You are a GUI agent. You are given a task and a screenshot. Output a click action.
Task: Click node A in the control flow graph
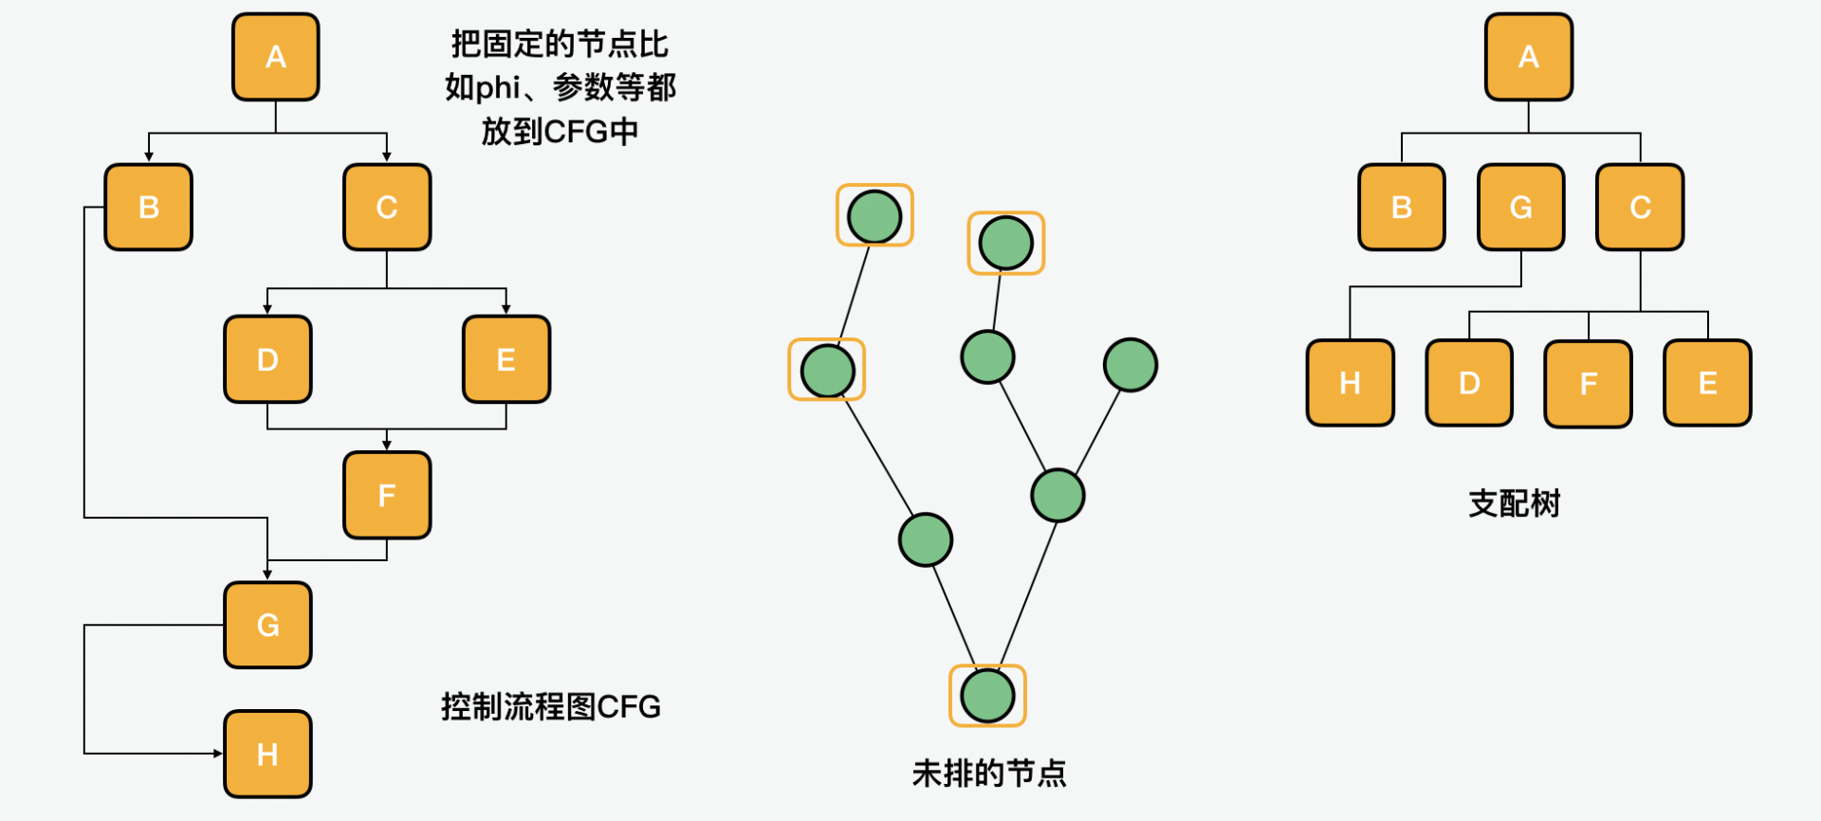tap(275, 57)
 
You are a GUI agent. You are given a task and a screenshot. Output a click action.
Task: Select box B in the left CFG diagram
tap(149, 208)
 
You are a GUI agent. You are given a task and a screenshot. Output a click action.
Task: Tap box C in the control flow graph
tap(387, 208)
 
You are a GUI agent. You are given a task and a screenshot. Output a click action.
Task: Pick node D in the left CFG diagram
tap(267, 359)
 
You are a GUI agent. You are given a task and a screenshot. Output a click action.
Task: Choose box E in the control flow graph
tap(506, 359)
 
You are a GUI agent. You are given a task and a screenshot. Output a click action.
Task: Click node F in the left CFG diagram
tap(387, 495)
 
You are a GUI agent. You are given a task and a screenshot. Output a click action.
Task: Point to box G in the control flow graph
tap(267, 625)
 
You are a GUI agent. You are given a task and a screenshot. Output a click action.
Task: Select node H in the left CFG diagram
tap(267, 755)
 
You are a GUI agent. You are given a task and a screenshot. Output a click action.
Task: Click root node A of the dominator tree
tap(1529, 57)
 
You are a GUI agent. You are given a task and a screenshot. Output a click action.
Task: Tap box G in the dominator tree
tap(1521, 208)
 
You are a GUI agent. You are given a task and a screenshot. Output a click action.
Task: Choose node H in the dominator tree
tap(1350, 383)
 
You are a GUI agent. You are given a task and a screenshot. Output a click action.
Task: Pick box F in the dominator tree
tap(1589, 383)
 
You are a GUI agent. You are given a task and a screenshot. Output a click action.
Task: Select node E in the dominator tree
tap(1708, 383)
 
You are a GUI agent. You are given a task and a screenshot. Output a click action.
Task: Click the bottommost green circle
tap(987, 696)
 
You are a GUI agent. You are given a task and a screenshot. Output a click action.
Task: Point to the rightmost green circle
tap(1131, 365)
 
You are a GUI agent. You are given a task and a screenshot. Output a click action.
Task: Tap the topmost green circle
tap(874, 216)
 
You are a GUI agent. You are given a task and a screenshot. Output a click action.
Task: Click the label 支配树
tap(1514, 503)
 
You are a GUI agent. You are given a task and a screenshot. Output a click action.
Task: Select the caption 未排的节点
tap(988, 774)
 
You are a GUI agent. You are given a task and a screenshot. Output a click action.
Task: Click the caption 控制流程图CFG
tap(550, 706)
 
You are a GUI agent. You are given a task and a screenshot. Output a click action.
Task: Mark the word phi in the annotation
tap(497, 87)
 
